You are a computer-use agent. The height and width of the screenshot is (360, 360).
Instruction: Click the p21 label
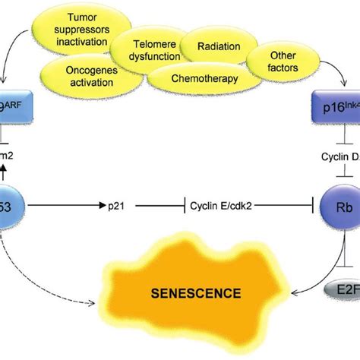[x=147, y=207]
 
